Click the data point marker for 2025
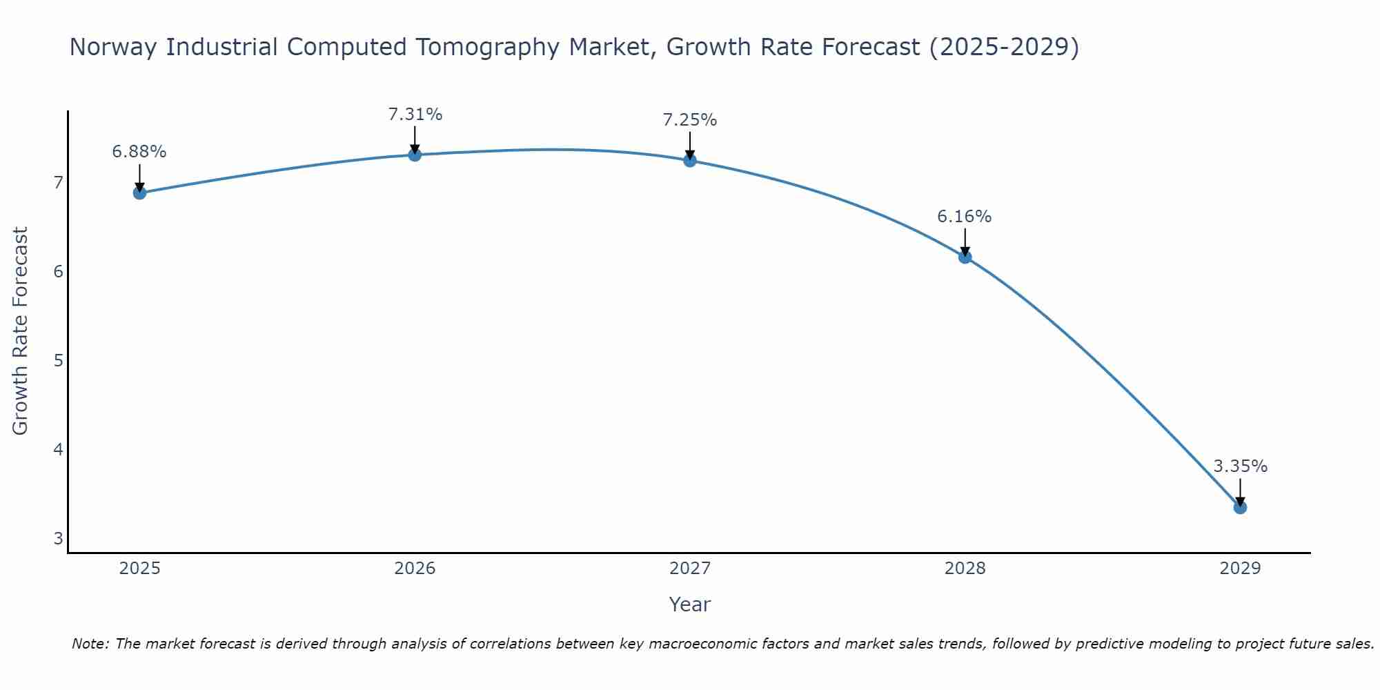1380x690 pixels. point(139,193)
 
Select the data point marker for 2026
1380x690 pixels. point(415,155)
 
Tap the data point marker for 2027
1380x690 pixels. point(690,161)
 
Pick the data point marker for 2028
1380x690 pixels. point(965,257)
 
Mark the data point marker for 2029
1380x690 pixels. point(1240,507)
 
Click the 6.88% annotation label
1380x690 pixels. point(139,152)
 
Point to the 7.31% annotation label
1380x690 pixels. point(415,115)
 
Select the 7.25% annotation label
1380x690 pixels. point(690,120)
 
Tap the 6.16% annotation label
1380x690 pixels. point(965,217)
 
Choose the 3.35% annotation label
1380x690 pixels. point(1240,466)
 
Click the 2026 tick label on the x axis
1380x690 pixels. point(415,569)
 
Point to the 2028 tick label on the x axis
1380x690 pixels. point(965,569)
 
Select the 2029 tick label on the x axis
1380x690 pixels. point(1240,569)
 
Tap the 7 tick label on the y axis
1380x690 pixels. point(58,183)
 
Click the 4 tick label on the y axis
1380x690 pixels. point(58,450)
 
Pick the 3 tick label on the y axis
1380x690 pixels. point(58,539)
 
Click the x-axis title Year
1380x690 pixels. point(690,604)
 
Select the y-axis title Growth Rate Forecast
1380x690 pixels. point(21,331)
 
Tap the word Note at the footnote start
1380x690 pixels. point(90,644)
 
